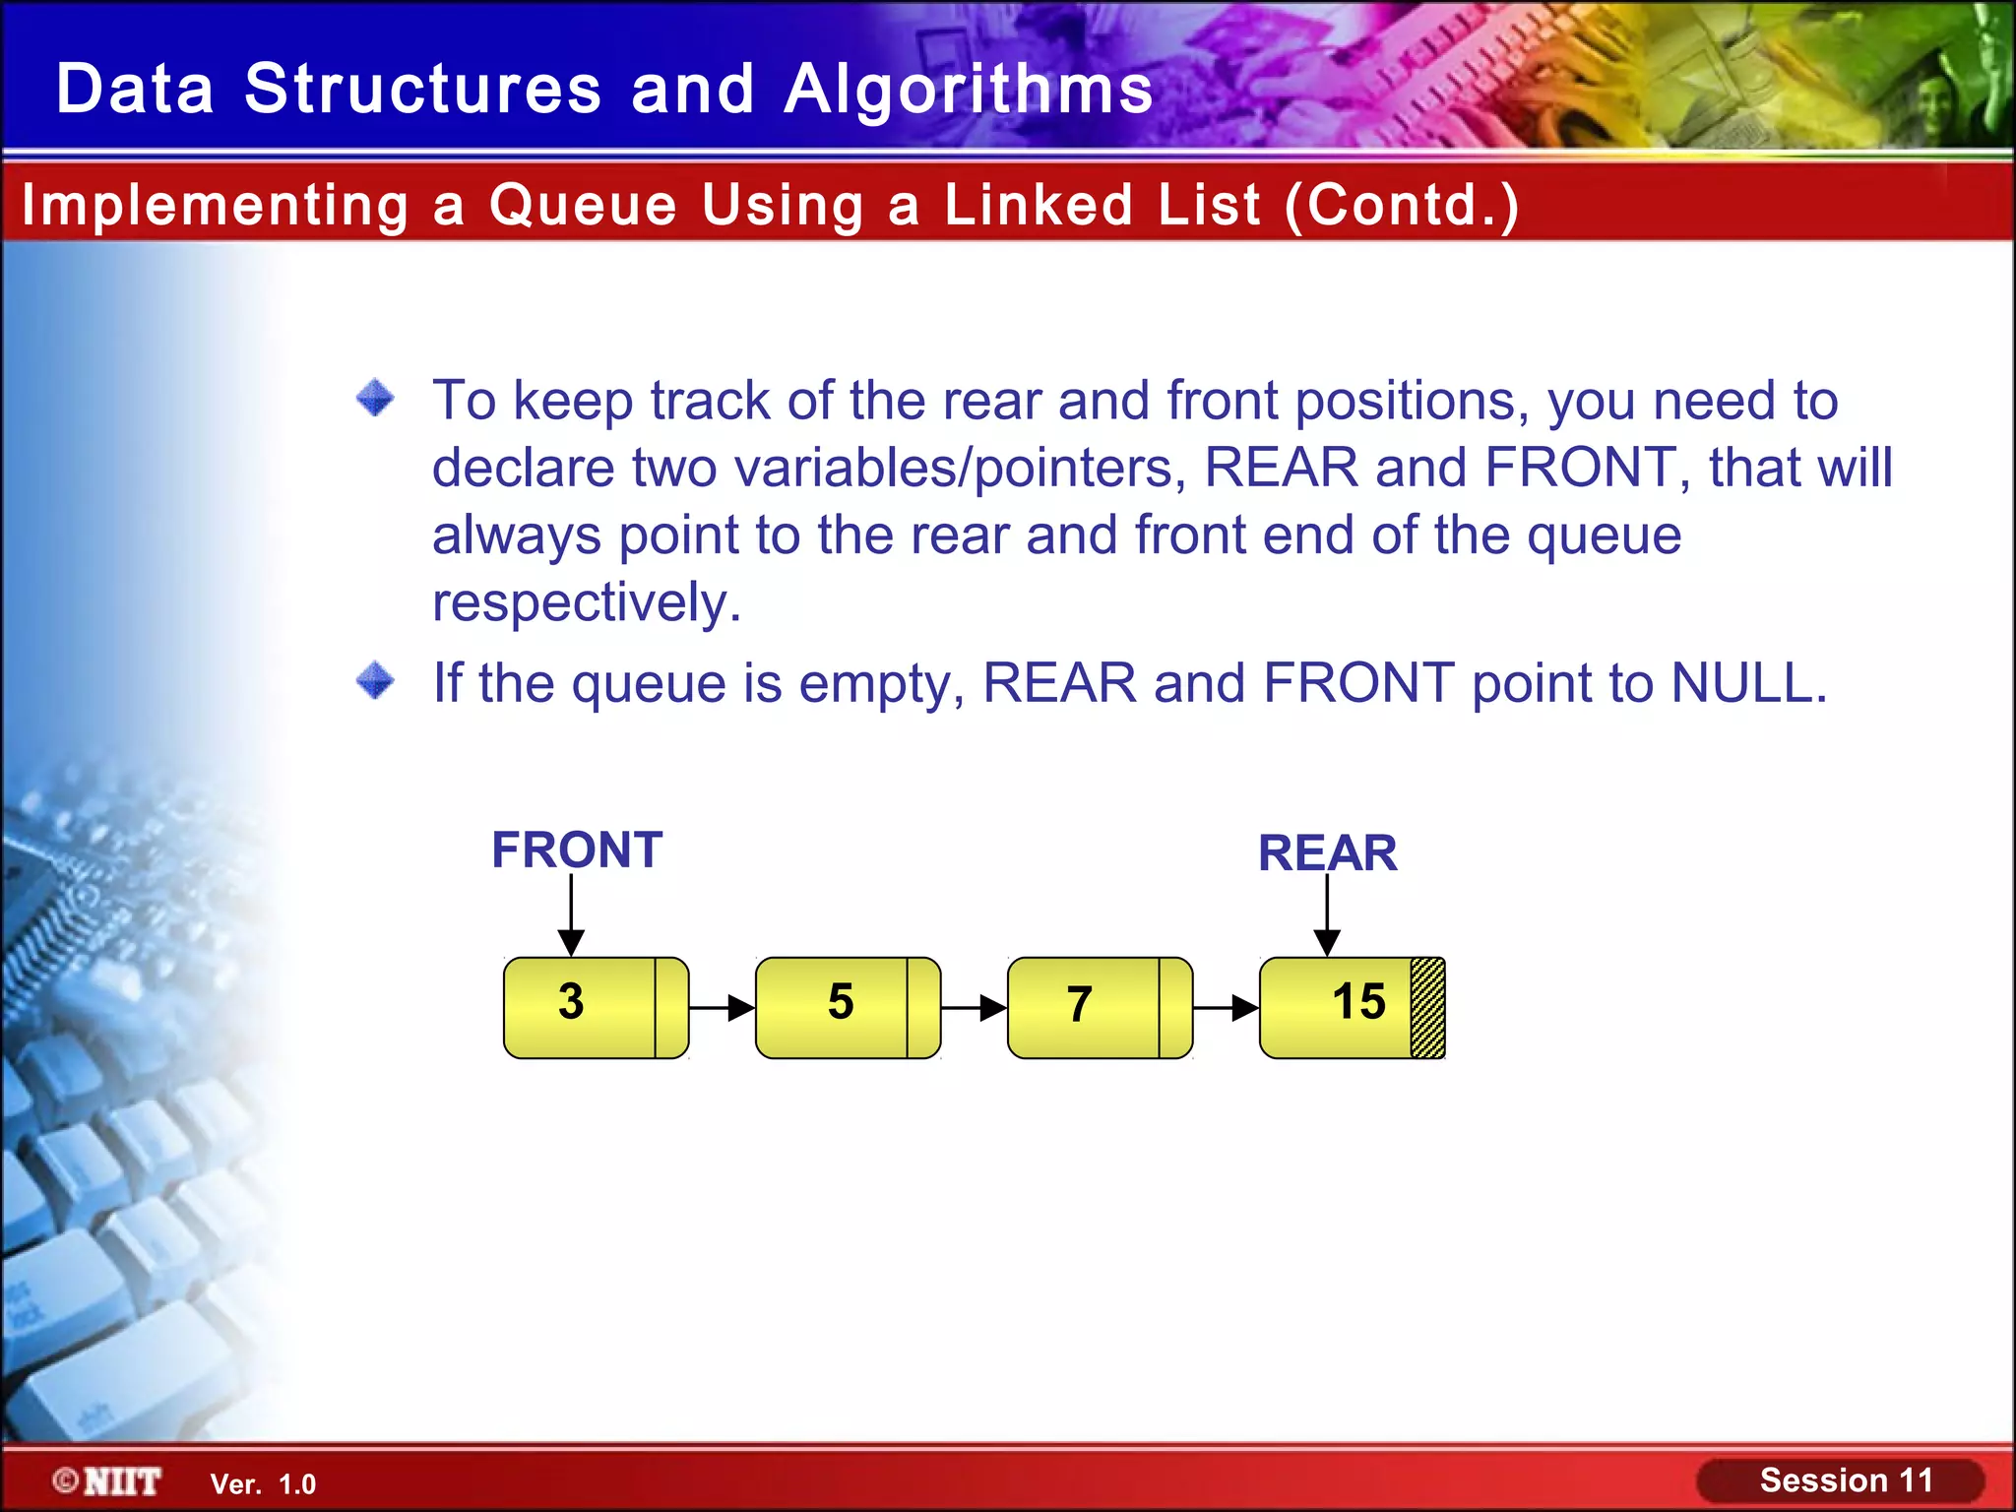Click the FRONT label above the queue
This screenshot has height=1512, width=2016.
tap(577, 850)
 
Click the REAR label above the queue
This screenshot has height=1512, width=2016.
tap(1327, 852)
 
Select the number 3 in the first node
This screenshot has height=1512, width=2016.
tap(571, 1002)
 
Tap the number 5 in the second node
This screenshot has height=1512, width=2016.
tap(841, 1002)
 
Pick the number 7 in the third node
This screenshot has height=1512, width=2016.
tap(1080, 1005)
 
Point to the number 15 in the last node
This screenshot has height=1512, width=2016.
tap(1358, 1002)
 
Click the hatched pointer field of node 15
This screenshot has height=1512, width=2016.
tap(1427, 1008)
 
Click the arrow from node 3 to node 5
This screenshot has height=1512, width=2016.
tap(722, 1008)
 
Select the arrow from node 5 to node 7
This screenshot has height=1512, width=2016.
tap(974, 1008)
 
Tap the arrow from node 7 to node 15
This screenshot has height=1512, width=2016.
tap(1226, 1008)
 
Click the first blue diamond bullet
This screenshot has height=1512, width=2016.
tap(375, 399)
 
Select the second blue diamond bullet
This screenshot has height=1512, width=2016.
tap(375, 680)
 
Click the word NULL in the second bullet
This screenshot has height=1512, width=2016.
tap(1748, 682)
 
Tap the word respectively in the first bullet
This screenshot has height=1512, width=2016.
tap(586, 602)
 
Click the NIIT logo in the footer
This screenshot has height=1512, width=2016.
tap(108, 1481)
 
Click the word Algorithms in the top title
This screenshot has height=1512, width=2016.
tap(969, 89)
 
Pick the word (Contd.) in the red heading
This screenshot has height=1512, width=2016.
tap(1402, 205)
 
